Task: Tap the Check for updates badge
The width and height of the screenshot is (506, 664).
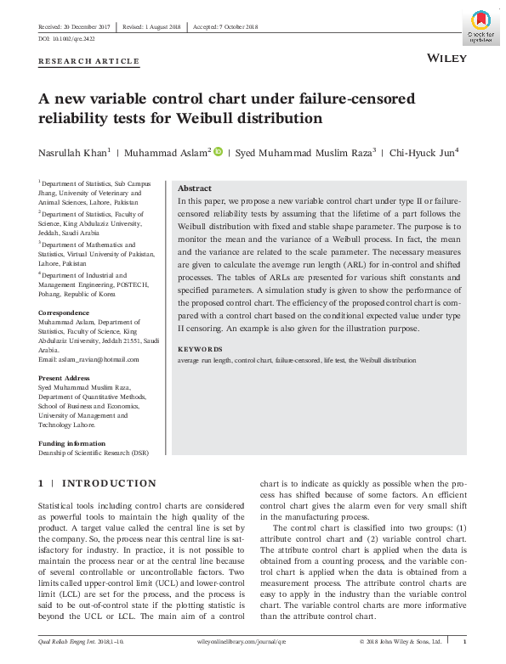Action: point(480,26)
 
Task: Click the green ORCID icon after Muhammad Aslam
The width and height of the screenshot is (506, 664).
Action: point(218,151)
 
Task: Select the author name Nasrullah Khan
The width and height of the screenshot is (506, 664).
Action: point(71,153)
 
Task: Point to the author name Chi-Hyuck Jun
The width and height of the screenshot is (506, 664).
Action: point(422,153)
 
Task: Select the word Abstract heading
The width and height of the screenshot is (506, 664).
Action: point(194,189)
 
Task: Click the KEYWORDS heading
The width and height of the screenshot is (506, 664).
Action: point(200,349)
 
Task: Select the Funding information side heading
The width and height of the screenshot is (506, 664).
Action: point(72,442)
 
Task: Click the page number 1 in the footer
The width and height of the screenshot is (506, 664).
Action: point(463,642)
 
